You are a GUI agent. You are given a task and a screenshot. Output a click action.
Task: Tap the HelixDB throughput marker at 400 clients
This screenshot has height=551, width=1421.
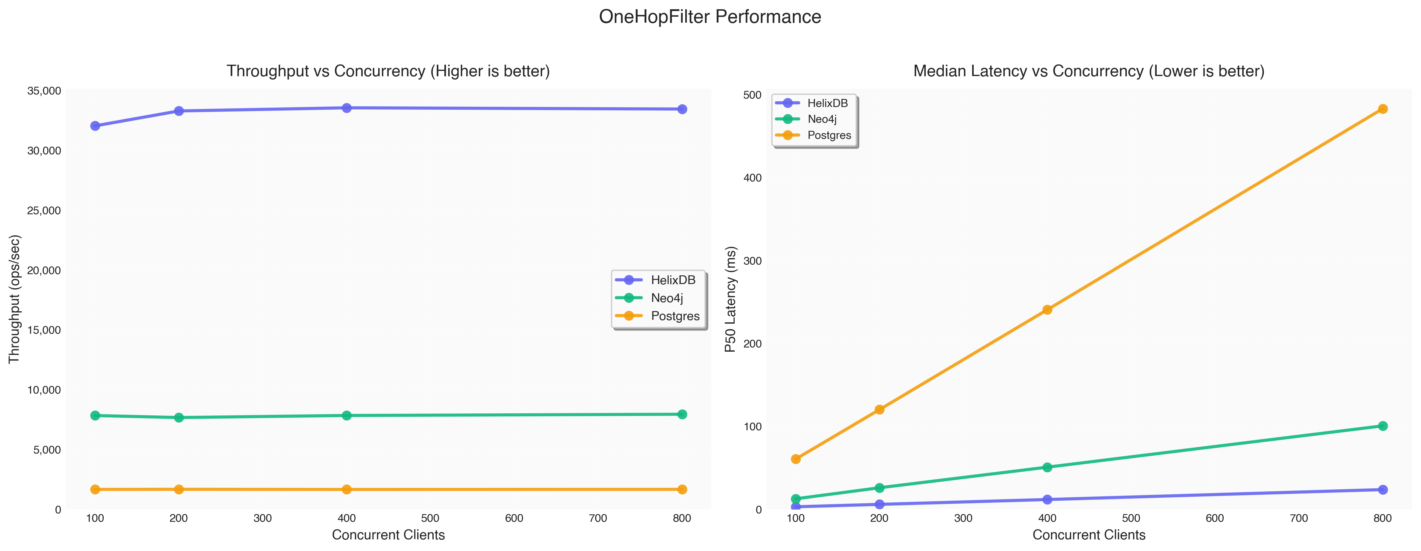click(346, 108)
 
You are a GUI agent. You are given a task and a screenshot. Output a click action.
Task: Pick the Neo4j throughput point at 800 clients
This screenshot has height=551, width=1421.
click(682, 414)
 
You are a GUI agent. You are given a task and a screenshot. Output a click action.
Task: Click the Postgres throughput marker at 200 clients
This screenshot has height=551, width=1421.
click(179, 489)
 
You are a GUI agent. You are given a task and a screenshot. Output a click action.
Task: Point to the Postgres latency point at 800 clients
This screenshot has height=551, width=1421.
click(1382, 109)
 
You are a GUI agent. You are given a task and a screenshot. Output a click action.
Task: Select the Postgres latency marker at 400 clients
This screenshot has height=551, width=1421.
click(1047, 310)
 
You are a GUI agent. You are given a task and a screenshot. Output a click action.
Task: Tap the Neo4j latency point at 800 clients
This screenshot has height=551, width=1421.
click(1382, 426)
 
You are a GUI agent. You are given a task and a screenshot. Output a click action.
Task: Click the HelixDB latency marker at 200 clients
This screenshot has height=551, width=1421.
click(879, 504)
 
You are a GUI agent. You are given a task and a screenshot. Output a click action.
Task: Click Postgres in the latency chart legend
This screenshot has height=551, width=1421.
click(829, 135)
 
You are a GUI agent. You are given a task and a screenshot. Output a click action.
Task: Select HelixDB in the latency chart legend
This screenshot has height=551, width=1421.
click(827, 103)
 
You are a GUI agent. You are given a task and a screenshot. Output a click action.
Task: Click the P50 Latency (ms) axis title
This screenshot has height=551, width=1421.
click(730, 299)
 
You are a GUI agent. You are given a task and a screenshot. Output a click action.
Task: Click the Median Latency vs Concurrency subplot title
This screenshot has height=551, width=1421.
click(1088, 71)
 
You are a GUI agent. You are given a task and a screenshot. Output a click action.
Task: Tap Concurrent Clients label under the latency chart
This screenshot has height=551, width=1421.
click(1088, 535)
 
